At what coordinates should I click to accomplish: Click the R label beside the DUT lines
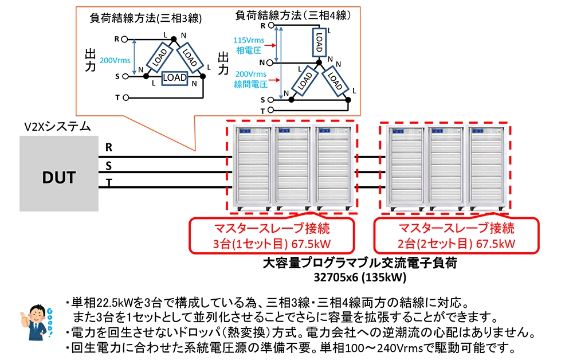(108, 147)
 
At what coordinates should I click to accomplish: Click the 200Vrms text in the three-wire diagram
(115, 60)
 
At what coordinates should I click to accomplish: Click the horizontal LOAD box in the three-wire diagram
(174, 77)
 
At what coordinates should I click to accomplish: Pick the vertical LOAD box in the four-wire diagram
(319, 41)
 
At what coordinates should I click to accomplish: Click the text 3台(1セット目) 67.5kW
(272, 243)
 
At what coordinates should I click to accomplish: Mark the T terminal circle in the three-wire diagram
(126, 97)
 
